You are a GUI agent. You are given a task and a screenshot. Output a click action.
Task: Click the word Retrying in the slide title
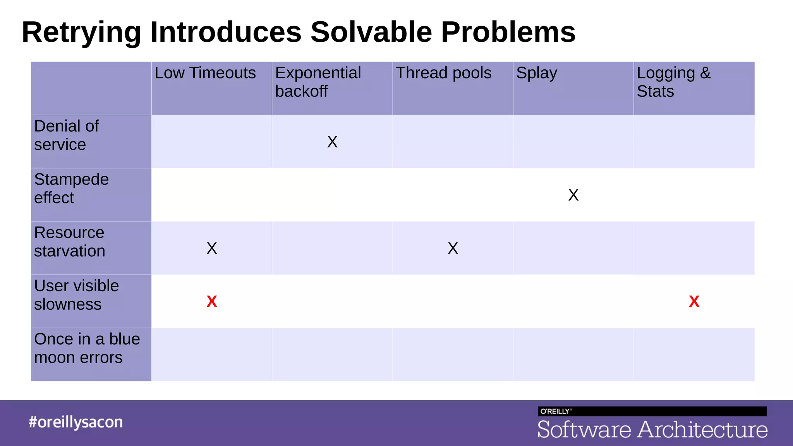(81, 33)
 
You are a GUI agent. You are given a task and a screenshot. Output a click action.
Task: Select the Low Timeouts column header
(205, 73)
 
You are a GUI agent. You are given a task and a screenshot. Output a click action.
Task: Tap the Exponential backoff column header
(318, 82)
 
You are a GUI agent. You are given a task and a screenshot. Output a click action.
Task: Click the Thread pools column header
(443, 73)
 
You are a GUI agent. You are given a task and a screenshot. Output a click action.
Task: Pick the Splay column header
(536, 74)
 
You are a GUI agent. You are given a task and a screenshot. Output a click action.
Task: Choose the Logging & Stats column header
(673, 82)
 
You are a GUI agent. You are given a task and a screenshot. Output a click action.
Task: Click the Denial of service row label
(66, 135)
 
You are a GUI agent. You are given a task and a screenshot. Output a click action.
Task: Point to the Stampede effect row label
(71, 189)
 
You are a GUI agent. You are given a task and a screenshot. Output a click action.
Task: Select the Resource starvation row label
(69, 242)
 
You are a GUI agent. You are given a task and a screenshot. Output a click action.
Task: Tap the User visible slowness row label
(76, 295)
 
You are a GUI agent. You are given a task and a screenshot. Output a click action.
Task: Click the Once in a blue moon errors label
(87, 348)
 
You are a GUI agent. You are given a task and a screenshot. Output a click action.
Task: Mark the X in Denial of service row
(332, 142)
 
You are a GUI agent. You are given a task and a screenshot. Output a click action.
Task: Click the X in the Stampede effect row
(573, 195)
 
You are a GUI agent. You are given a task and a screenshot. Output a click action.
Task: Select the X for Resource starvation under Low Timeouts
(212, 248)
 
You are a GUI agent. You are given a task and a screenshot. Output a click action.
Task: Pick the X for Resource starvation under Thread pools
(453, 248)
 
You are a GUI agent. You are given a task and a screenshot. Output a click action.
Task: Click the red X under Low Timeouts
(212, 302)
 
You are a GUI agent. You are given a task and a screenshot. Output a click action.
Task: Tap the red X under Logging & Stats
(694, 302)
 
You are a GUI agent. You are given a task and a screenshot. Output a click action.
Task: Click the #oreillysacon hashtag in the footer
(76, 422)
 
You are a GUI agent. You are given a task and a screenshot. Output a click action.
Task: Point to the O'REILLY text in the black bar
(555, 411)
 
